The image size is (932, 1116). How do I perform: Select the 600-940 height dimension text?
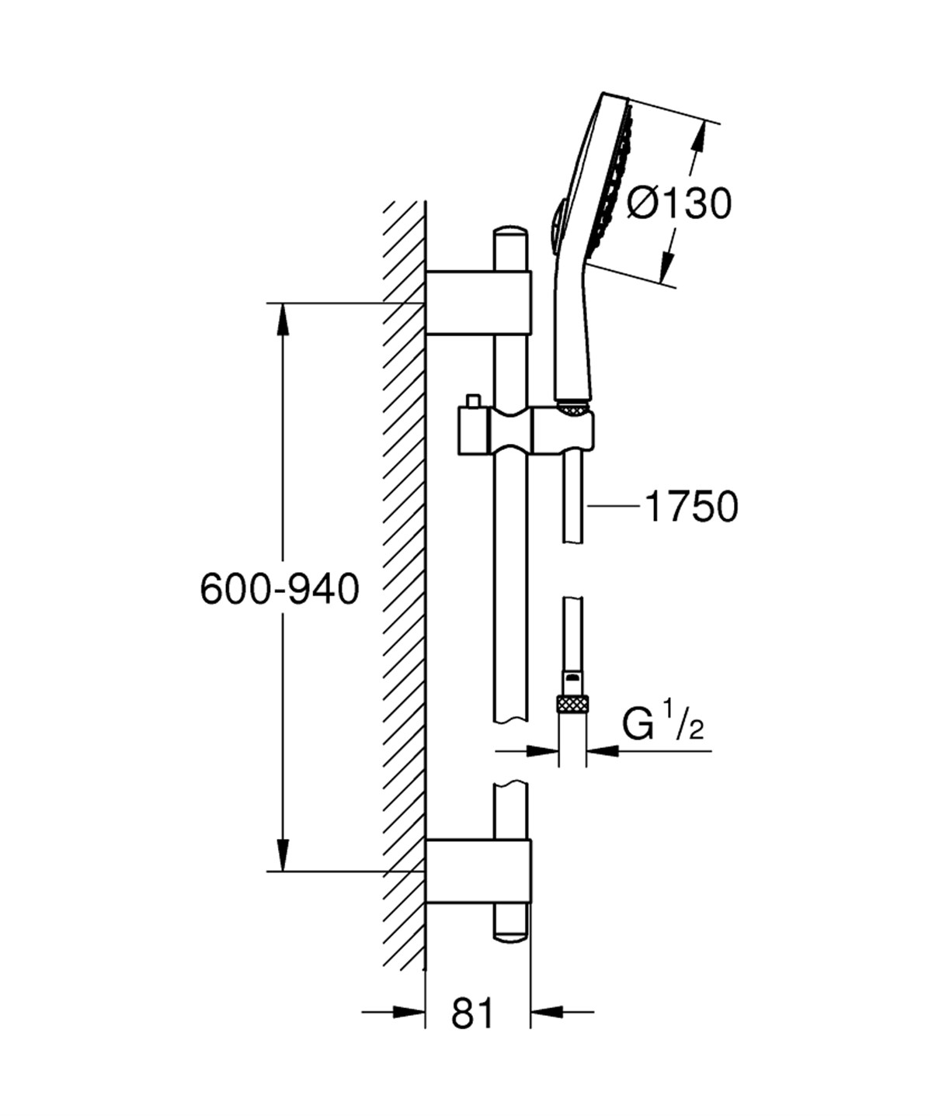pyautogui.click(x=280, y=589)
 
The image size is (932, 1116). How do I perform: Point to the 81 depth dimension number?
pyautogui.click(x=472, y=1014)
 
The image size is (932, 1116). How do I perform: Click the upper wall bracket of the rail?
pyautogui.click(x=478, y=303)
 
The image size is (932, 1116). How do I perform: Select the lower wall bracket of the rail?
pyautogui.click(x=478, y=871)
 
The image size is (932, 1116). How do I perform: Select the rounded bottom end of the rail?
pyautogui.click(x=509, y=934)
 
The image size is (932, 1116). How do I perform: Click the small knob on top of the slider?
pyautogui.click(x=471, y=401)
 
